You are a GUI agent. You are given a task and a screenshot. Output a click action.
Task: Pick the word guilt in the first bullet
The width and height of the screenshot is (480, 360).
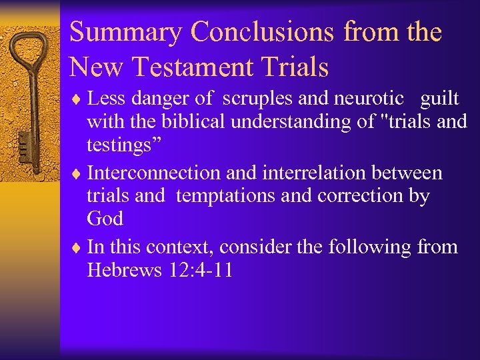[x=439, y=99]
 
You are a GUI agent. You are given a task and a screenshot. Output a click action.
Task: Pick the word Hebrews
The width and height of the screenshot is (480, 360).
[x=125, y=271]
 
